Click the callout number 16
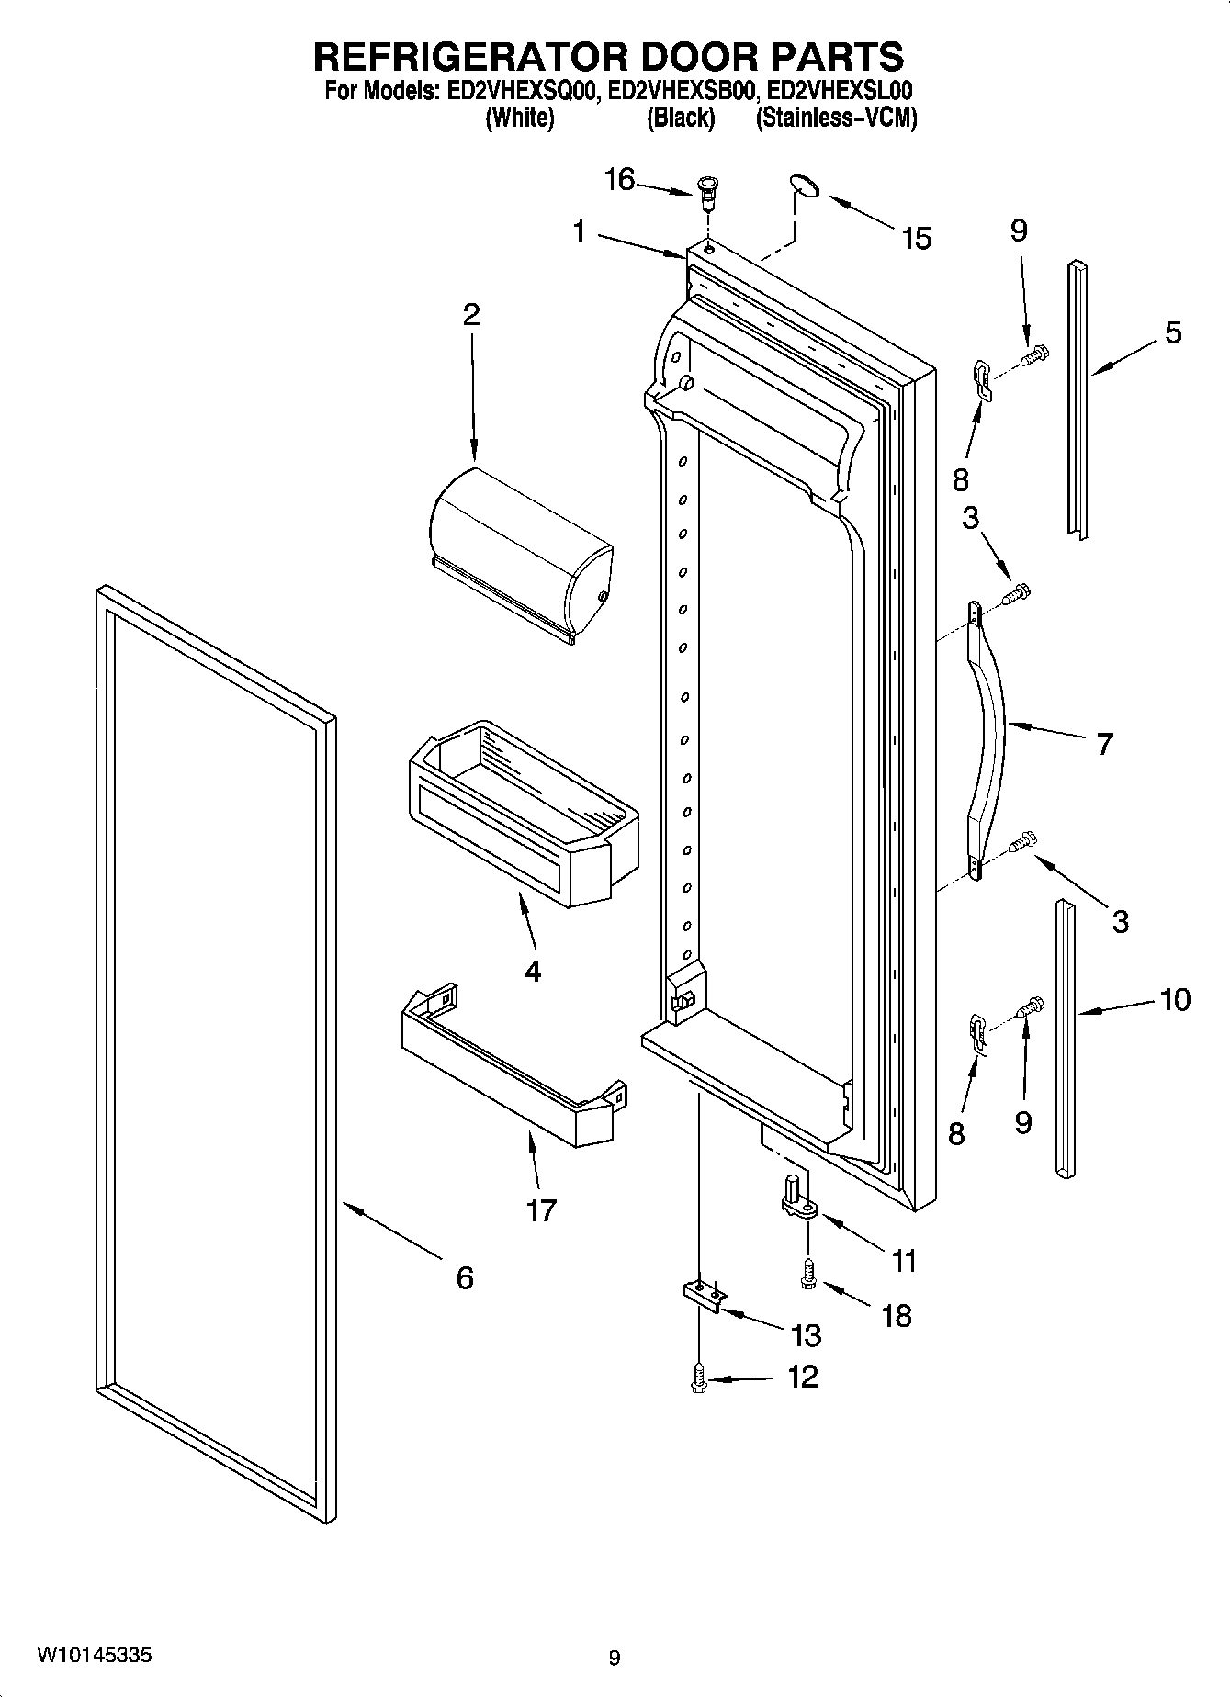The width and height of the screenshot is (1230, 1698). [x=619, y=180]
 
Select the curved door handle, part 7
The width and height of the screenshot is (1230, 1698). [x=990, y=725]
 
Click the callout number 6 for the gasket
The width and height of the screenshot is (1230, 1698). [x=465, y=1277]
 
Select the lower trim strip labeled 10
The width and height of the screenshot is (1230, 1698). [x=1065, y=1038]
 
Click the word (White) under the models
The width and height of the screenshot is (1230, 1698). [x=519, y=118]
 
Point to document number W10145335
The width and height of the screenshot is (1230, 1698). [x=94, y=1656]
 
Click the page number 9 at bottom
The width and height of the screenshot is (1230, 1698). [x=615, y=1658]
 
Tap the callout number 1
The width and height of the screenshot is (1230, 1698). [x=579, y=232]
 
